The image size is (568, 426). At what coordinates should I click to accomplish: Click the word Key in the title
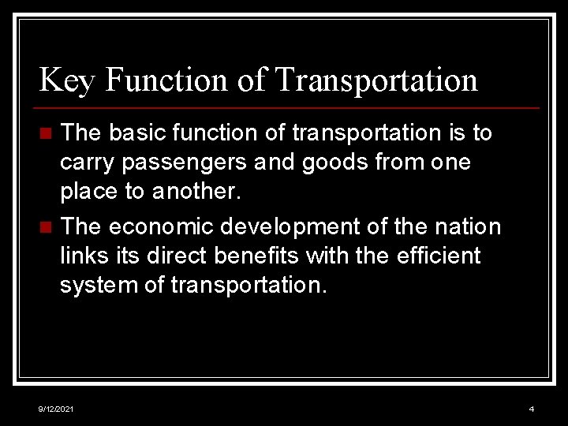(x=66, y=80)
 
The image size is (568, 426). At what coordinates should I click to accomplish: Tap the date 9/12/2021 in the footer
(x=57, y=409)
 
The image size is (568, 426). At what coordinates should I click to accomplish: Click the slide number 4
(x=531, y=409)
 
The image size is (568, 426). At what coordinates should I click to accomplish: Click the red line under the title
(x=289, y=108)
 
